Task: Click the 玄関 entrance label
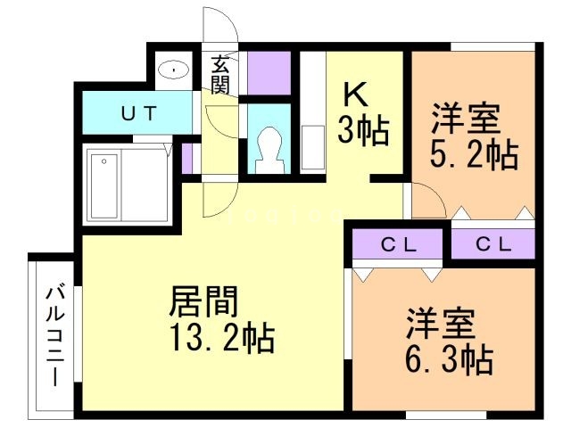click(220, 74)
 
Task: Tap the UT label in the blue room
click(138, 113)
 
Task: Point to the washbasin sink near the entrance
click(173, 69)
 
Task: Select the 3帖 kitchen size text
click(362, 132)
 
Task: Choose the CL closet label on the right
click(492, 243)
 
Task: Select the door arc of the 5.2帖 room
click(426, 200)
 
